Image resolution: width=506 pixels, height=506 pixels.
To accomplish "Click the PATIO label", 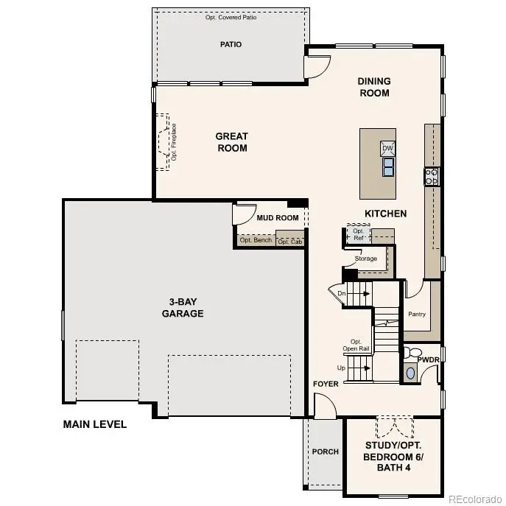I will [231, 44].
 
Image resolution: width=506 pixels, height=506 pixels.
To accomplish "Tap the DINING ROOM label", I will [374, 87].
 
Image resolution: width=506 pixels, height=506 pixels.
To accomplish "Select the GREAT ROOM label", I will [231, 142].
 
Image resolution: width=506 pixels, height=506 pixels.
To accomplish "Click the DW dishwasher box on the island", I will [387, 149].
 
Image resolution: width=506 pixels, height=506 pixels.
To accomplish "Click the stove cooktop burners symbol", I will [432, 176].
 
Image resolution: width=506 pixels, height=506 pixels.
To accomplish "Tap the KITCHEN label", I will [386, 214].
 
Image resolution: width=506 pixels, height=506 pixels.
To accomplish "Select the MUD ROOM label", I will [277, 218].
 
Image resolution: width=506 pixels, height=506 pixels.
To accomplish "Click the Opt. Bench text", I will [256, 240].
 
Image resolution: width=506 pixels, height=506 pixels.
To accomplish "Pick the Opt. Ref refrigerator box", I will [359, 234].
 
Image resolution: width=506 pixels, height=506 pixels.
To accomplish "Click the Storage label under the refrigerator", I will [365, 259].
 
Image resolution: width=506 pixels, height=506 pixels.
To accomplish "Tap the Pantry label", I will [417, 315].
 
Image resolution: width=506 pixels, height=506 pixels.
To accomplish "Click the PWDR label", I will [428, 359].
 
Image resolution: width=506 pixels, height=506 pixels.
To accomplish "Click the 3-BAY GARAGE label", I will [183, 308].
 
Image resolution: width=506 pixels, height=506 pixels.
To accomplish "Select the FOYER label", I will [325, 384].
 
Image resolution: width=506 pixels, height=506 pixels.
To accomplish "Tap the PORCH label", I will [325, 451].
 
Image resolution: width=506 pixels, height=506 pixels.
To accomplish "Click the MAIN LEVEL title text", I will [94, 424].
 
